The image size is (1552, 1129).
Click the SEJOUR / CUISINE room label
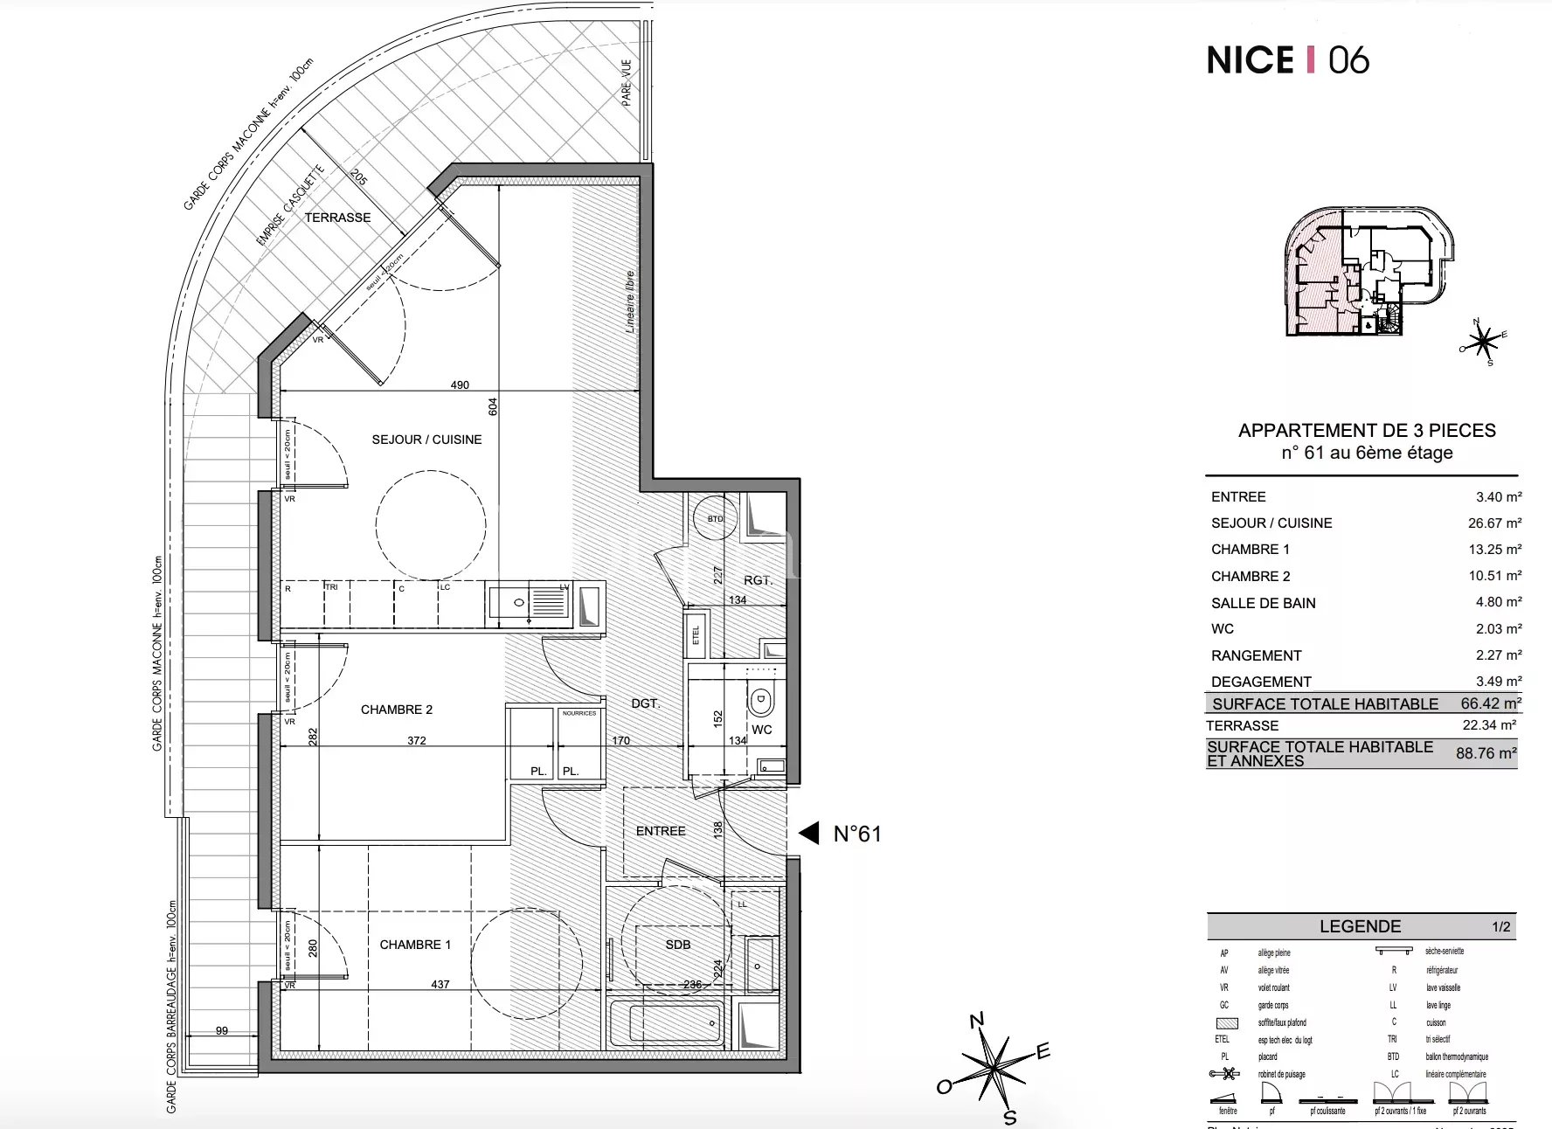(x=426, y=440)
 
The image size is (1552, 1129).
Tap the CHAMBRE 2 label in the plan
(x=396, y=710)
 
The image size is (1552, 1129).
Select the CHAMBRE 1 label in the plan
(x=415, y=945)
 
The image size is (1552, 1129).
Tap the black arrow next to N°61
(x=809, y=834)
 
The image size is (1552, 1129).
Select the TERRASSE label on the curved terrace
(x=337, y=218)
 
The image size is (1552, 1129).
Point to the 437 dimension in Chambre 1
(x=440, y=984)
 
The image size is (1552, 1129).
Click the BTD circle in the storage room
(x=715, y=519)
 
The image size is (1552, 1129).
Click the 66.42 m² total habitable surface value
(x=1491, y=703)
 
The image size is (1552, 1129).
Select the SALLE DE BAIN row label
(x=1263, y=603)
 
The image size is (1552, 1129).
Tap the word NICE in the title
(x=1250, y=60)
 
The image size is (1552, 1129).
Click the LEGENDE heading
(x=1360, y=926)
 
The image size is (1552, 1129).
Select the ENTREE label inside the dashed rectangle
(x=661, y=831)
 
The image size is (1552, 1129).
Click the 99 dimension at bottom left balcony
(x=221, y=1031)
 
